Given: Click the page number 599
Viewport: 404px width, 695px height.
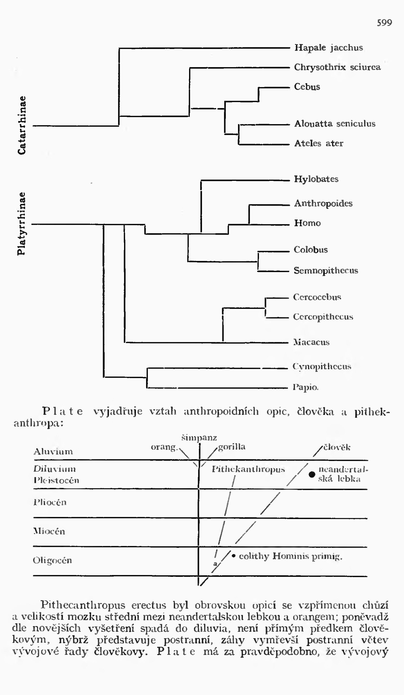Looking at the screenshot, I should pos(384,23).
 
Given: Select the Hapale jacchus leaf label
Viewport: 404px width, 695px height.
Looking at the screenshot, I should pos(328,48).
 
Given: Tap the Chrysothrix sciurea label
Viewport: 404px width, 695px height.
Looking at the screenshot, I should pos(337,67).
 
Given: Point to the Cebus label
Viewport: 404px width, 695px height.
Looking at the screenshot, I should pos(307,87).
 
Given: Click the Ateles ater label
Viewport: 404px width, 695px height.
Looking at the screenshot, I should pos(319,143).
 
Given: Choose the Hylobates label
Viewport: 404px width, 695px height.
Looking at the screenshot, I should pos(316,179).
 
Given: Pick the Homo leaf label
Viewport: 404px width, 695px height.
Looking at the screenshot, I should pos(307,223).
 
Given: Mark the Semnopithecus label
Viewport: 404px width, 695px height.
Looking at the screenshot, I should pos(326,271).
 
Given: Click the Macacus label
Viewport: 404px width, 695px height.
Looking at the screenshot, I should pos(311,342).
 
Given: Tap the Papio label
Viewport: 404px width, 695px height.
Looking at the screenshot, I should pos(305,387).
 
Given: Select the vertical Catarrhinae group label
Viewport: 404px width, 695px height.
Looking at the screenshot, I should pos(22,125).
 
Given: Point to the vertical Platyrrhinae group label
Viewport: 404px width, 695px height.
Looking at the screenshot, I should pos(21,224).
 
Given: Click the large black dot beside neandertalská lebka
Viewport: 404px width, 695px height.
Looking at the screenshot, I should pos(312,474).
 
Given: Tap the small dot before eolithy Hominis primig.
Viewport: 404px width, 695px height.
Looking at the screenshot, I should pos(234,556).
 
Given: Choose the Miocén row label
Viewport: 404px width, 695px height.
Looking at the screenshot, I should pos(49,531).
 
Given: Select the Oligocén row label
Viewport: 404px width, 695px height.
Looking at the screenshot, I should pos(52,560).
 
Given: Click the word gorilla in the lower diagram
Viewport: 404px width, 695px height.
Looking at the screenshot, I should pos(232,446).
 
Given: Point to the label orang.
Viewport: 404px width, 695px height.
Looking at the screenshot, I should pos(164,447).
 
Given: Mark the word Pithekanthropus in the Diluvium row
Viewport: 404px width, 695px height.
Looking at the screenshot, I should pos(248,469).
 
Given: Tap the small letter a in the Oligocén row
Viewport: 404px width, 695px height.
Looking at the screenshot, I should pos(215,564).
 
